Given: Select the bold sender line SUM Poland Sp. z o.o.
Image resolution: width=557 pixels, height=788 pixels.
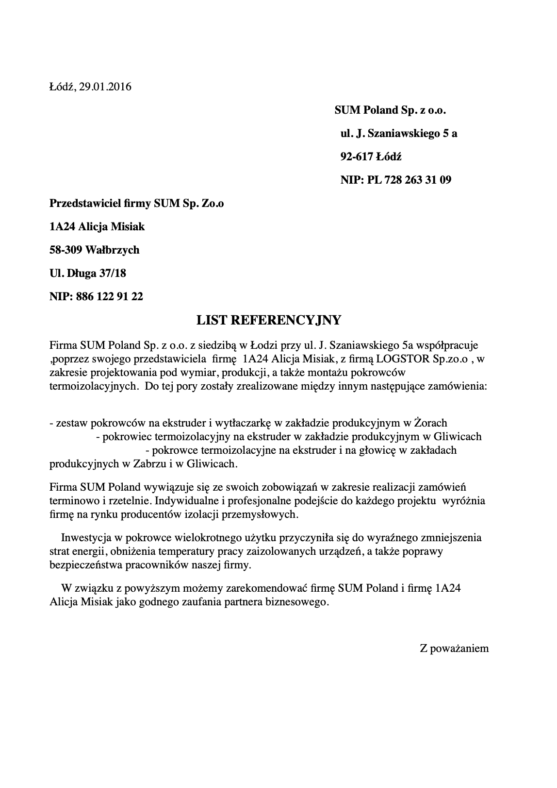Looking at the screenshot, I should tap(390, 110).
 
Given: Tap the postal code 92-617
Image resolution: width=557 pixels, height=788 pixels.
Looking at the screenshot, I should tap(357, 157).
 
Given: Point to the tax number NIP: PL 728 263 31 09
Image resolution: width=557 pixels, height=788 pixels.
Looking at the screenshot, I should tap(396, 180).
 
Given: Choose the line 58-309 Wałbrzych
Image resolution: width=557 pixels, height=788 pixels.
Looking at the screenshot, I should tap(95, 250).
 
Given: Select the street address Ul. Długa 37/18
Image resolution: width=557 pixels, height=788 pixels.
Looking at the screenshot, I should tap(88, 274).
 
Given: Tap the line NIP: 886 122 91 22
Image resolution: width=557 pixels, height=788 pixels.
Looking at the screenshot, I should tap(96, 296).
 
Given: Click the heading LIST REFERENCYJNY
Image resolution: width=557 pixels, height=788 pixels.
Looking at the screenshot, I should tap(269, 320).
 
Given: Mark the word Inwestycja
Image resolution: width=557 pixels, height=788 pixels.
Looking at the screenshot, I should tap(85, 538).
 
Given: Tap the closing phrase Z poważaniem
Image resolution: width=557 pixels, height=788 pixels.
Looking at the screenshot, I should tap(454, 649).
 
